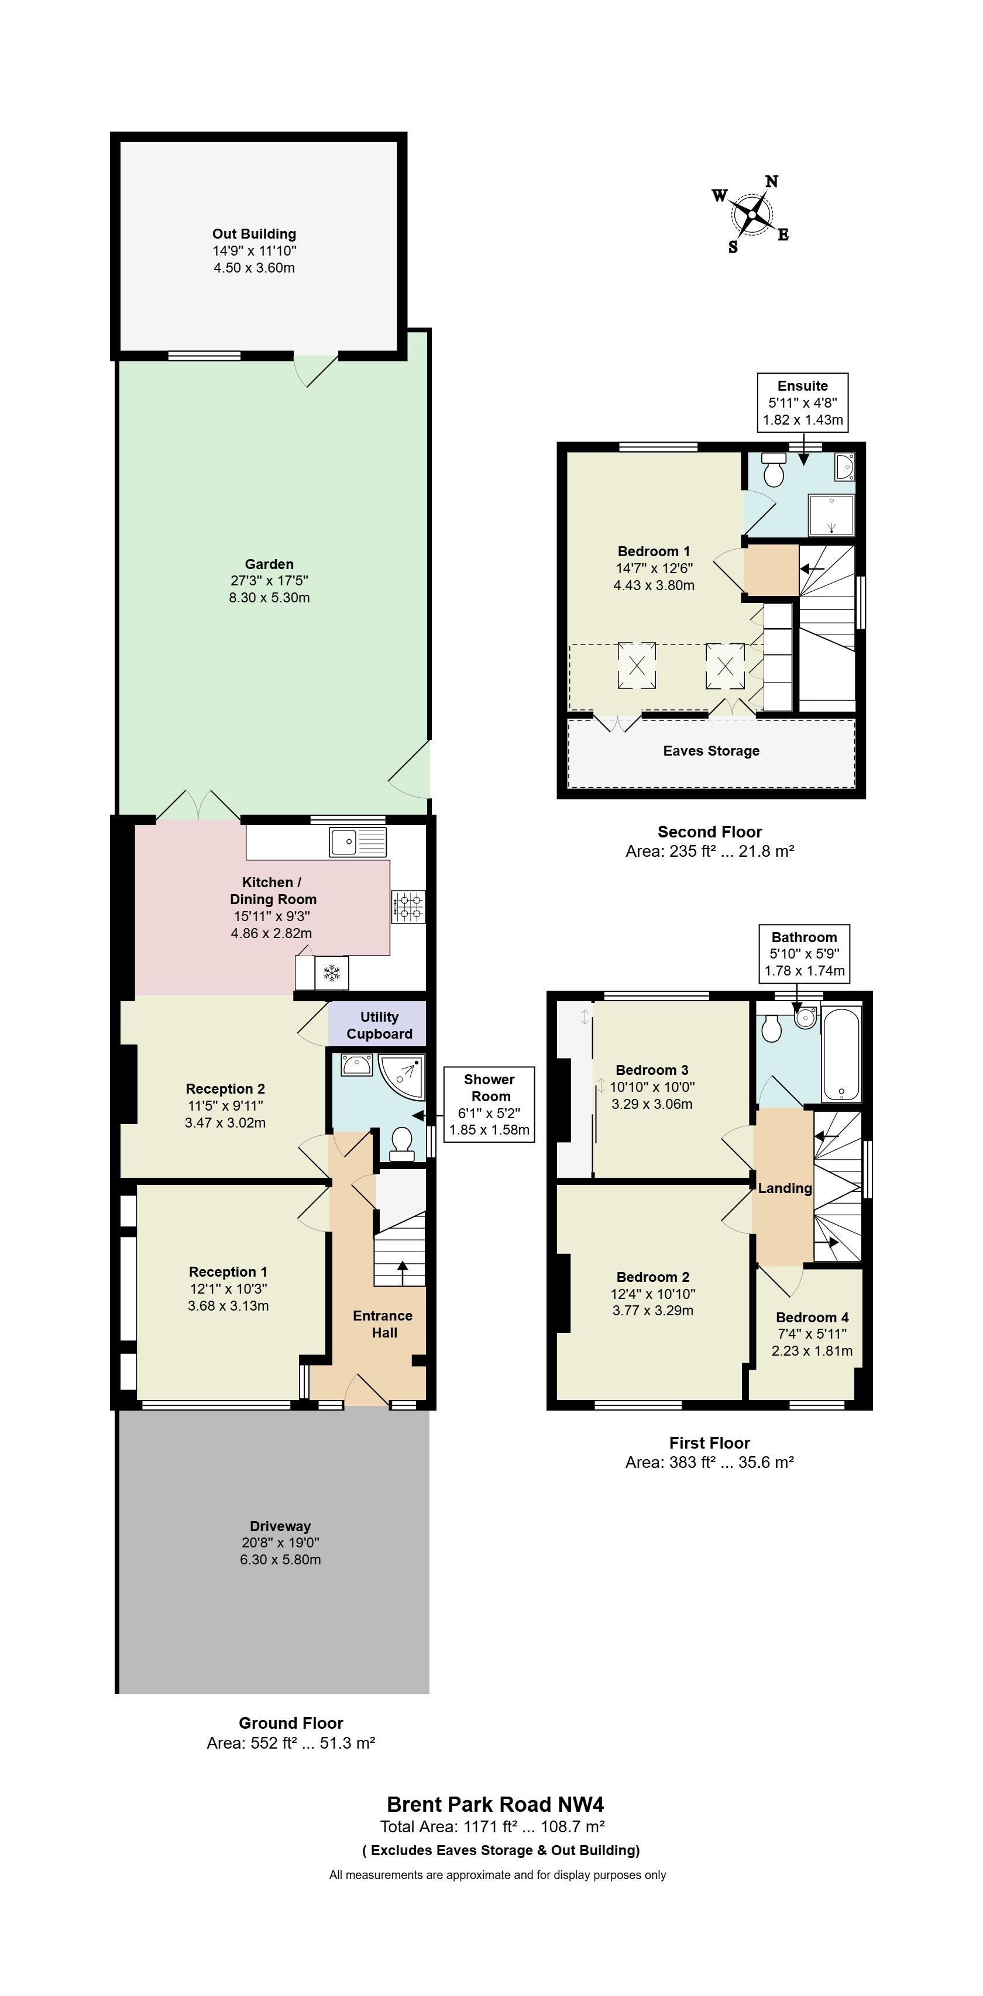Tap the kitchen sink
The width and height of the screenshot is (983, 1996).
tap(358, 842)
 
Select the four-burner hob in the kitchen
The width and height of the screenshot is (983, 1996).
tap(408, 906)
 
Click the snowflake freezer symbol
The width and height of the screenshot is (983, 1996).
tap(332, 973)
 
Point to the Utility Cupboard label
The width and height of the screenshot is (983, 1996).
tap(379, 1025)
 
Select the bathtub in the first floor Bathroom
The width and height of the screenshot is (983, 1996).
tap(841, 1052)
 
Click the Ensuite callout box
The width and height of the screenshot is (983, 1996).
tap(802, 403)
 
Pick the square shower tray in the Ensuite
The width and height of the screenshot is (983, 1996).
tap(831, 515)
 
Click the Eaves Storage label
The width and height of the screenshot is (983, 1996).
tap(711, 751)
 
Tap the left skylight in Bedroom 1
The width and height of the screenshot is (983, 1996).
tap(637, 666)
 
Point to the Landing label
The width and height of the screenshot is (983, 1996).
tap(785, 1188)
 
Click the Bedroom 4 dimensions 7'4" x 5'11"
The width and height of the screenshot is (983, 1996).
tap(812, 1333)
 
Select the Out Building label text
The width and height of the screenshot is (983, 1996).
tap(255, 234)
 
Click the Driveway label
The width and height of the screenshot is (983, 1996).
tap(280, 1526)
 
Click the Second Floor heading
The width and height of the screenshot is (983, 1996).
tap(710, 832)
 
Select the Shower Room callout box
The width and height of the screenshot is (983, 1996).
tap(489, 1104)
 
